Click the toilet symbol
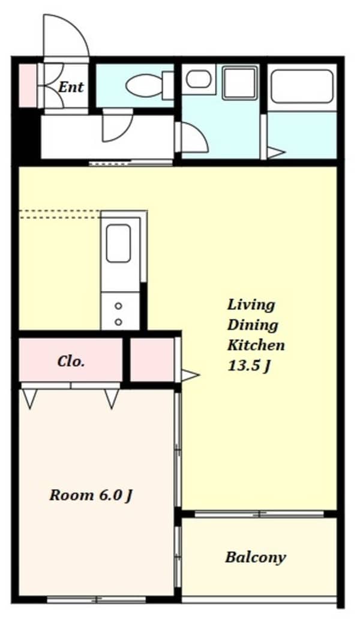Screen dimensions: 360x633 (149, 85)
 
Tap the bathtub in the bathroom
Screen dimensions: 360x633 (302, 86)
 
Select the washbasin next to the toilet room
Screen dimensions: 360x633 (199, 79)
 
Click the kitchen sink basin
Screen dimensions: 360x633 (118, 244)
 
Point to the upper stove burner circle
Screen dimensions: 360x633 (118, 306)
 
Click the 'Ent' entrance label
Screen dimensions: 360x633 (71, 87)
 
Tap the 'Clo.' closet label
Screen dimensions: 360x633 (71, 361)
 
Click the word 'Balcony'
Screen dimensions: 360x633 (256, 557)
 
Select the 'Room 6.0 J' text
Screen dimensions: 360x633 (91, 496)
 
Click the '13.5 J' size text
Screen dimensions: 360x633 (248, 366)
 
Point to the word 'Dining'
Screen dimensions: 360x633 (253, 325)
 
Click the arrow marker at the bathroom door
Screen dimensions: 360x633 (277, 152)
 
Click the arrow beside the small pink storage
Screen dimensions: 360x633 (190, 376)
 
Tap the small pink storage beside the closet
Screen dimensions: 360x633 (152, 359)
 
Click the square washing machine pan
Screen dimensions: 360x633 (240, 83)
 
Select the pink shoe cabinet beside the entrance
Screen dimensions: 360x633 (28, 86)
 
